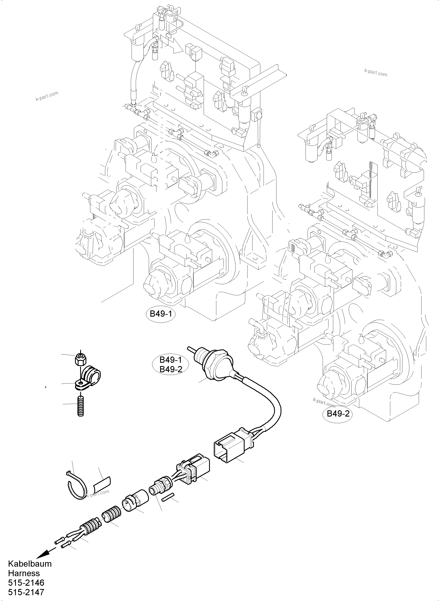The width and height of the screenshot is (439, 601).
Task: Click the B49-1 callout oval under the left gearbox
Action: [x=161, y=314]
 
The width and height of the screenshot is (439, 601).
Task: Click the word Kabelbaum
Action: [x=30, y=564]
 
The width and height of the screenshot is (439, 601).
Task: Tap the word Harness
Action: [x=24, y=573]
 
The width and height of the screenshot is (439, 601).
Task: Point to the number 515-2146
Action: [x=26, y=583]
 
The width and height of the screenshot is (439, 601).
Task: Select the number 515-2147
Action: [x=26, y=593]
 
